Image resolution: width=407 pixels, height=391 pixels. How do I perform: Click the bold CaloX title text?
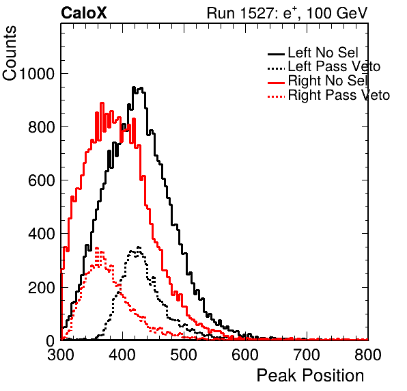84,13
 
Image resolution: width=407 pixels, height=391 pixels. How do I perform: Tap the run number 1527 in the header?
257,13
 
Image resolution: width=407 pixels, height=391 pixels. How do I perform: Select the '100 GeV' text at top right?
337,13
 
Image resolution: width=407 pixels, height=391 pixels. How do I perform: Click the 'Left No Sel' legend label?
323,53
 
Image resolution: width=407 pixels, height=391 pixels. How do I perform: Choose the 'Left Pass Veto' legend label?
334,66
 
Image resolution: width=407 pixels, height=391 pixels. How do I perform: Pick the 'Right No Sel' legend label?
328,81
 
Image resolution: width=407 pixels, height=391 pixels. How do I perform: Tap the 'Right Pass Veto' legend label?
339,95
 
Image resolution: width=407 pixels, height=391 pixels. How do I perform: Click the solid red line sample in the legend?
276,83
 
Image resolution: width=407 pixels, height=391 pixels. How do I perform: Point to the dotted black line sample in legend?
276,68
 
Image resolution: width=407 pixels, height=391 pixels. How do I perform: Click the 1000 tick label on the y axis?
37,74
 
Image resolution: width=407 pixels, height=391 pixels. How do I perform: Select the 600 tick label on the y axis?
42,180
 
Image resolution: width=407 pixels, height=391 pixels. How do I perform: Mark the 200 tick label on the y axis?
42,288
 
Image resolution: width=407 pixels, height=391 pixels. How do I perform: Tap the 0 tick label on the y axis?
50,341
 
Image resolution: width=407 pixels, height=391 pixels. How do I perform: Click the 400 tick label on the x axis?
122,355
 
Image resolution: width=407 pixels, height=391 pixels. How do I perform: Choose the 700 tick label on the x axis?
307,355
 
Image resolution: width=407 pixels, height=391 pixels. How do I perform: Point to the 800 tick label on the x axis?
368,355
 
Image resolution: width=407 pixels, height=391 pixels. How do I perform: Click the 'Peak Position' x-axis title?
310,376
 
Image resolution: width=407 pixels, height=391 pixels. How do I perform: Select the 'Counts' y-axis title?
10,53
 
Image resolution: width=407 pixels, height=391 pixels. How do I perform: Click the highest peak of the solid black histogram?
134,87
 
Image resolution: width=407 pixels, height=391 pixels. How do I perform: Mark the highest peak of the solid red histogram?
102,103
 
